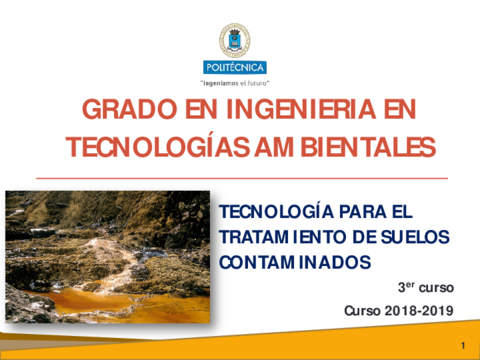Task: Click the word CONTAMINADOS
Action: tap(295, 263)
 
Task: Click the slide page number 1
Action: tap(464, 345)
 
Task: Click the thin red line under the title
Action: tap(240, 177)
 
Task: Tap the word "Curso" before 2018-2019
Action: tap(363, 310)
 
